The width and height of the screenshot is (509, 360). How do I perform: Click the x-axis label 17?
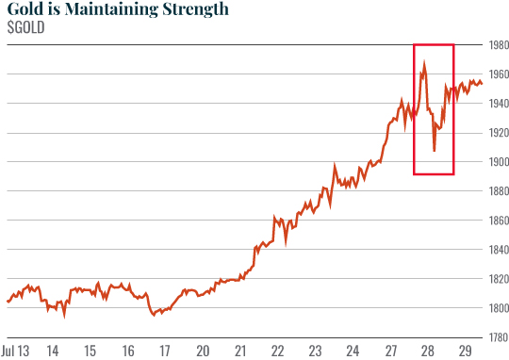tap(165, 351)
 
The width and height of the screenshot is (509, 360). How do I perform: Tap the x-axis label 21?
tap(240, 351)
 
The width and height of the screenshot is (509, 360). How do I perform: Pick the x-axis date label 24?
tap(353, 351)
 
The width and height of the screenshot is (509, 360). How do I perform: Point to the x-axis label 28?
tap(427, 351)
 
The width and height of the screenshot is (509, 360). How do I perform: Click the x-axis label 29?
tap(465, 351)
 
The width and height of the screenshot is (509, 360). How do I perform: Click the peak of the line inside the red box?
tap(425, 63)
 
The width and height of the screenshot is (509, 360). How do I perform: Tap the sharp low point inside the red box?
tap(434, 150)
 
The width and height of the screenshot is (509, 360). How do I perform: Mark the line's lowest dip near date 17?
tap(154, 315)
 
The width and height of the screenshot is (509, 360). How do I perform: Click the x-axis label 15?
tap(90, 351)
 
